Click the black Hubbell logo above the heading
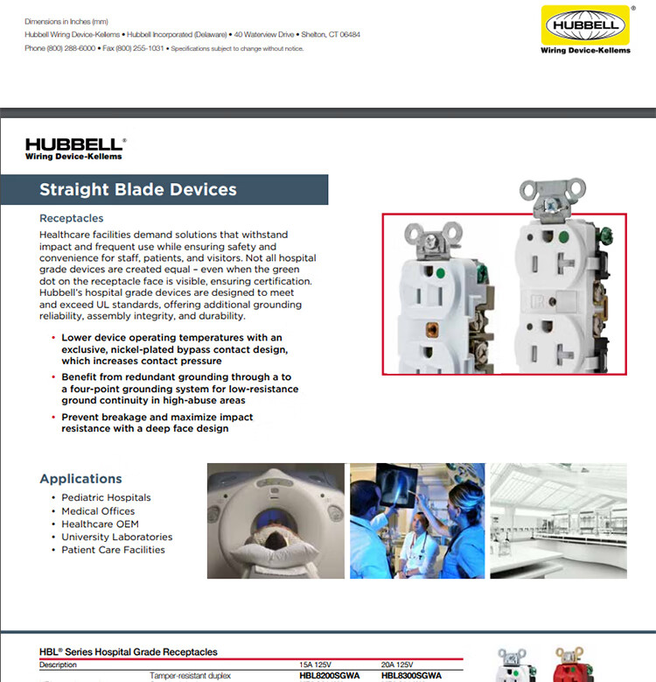point(75,149)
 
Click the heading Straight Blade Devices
point(138,190)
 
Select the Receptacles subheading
point(72,218)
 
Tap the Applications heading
point(80,479)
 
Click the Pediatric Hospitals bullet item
point(106,498)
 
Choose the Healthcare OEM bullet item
point(100,524)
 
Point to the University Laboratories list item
point(116,537)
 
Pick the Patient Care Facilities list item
point(113,550)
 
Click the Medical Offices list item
point(98,511)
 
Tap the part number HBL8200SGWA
point(330,676)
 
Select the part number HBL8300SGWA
point(411,676)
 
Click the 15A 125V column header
point(316,665)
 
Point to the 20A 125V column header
point(398,665)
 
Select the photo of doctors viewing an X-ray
point(416,521)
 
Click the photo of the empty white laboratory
point(557,521)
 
